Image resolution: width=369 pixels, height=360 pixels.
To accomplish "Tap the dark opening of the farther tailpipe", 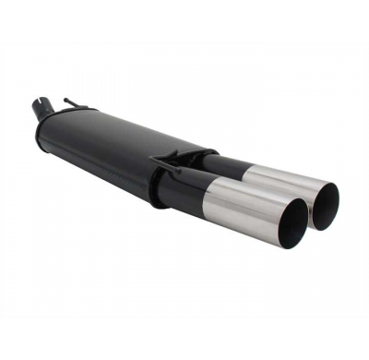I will (x=325, y=205).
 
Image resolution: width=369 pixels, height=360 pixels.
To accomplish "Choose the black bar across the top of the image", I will (x=184, y=18).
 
